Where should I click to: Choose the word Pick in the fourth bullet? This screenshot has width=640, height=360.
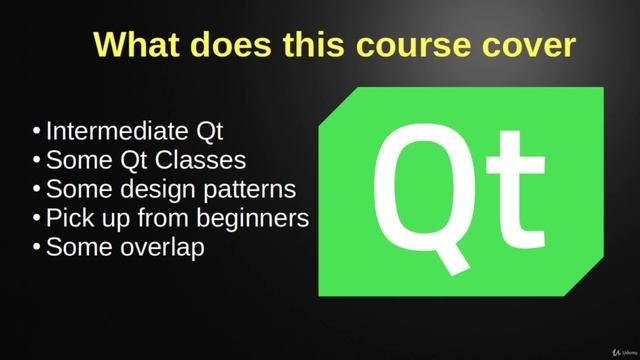click(68, 218)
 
